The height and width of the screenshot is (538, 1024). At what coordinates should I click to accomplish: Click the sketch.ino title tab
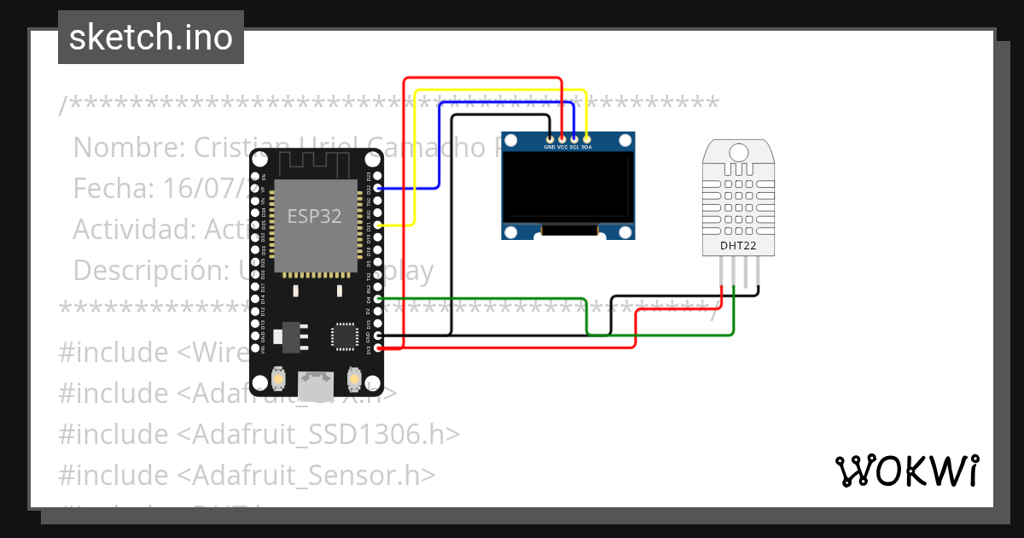151,38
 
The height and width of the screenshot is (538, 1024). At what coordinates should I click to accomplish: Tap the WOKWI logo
906,471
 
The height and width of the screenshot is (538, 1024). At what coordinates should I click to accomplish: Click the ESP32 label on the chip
314,217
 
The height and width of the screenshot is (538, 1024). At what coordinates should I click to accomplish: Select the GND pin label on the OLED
550,147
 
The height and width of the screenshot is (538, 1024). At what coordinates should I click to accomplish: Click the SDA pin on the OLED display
586,137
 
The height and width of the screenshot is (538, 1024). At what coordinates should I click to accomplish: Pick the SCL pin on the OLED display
574,137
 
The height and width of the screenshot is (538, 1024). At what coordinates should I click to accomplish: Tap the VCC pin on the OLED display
561,137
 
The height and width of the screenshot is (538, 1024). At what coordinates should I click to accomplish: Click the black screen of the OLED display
567,186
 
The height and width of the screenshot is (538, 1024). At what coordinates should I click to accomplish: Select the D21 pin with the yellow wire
378,225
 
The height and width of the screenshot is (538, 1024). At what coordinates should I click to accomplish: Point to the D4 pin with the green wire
378,298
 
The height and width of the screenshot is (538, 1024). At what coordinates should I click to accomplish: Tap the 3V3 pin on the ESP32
378,348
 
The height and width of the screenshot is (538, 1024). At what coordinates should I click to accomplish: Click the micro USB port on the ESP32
315,384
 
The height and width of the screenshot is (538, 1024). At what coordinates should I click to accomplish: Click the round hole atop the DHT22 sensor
739,151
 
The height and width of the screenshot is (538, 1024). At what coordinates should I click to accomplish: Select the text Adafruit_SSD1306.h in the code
317,434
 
